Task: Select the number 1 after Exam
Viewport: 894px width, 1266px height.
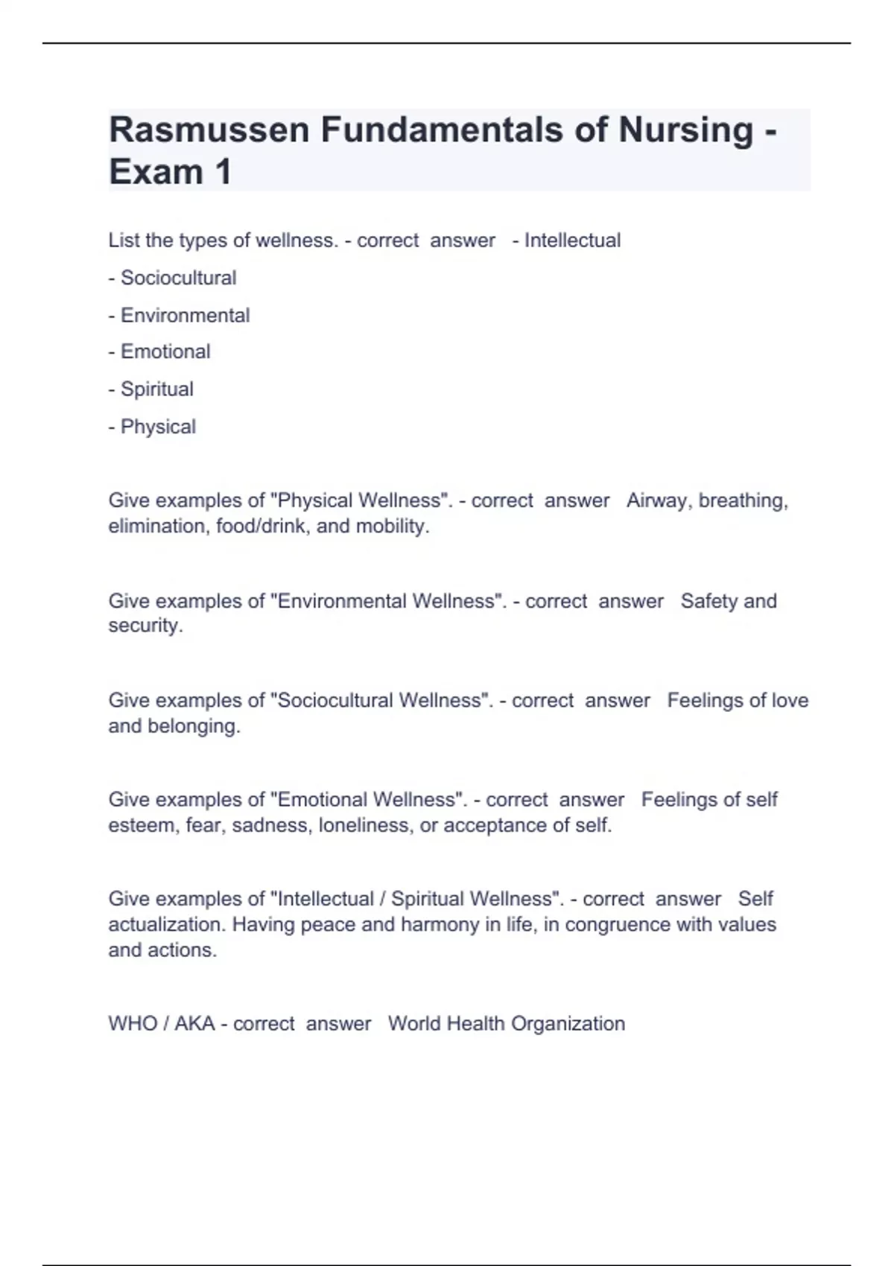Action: [223, 172]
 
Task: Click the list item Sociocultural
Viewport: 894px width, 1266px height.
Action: [178, 278]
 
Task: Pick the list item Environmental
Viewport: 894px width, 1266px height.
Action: [185, 316]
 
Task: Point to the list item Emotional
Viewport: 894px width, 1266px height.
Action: [165, 352]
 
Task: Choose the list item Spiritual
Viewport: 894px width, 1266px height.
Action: [156, 389]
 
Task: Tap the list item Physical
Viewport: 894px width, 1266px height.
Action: [158, 427]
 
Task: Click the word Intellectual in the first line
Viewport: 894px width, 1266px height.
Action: [572, 241]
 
